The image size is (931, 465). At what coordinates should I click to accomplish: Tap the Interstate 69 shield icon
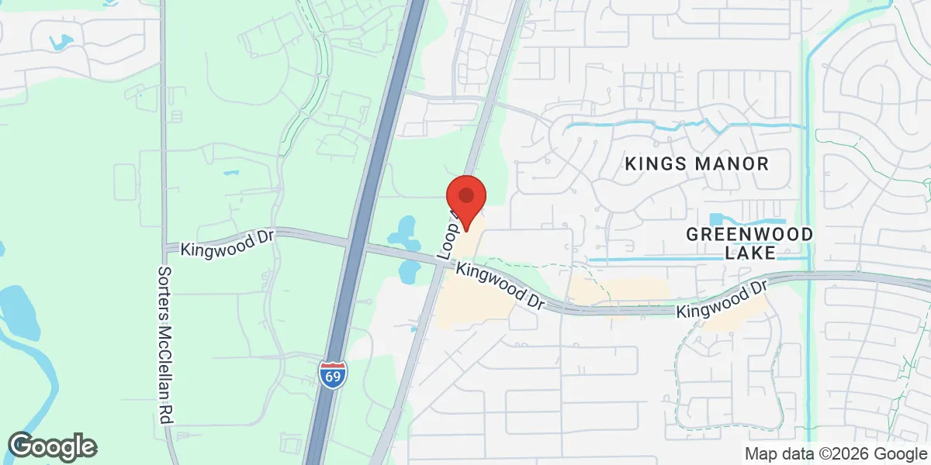click(x=333, y=374)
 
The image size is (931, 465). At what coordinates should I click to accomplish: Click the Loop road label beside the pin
click(x=446, y=236)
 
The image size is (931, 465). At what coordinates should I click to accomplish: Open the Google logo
click(x=52, y=446)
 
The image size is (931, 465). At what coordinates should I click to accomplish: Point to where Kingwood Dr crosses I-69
click(x=357, y=245)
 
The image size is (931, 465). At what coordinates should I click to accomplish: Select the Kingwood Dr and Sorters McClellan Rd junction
click(x=164, y=246)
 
